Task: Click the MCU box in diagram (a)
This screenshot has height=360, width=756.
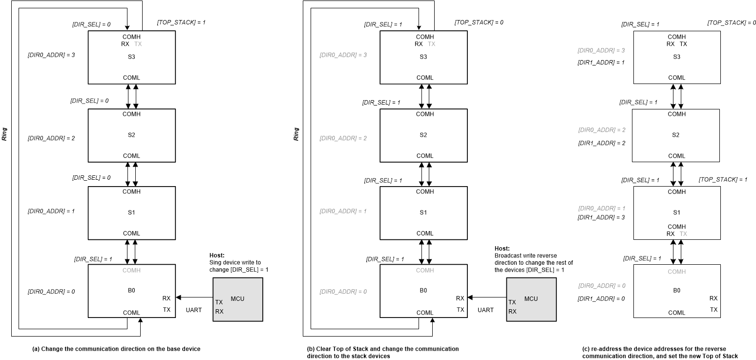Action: click(x=238, y=299)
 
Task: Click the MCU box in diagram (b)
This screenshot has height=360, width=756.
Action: click(x=531, y=299)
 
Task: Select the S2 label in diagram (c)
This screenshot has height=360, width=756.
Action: click(x=676, y=135)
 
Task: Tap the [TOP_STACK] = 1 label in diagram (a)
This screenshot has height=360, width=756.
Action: click(x=181, y=22)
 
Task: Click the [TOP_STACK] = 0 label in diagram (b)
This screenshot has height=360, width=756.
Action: click(x=479, y=22)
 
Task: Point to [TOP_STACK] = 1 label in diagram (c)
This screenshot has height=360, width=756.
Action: click(x=723, y=180)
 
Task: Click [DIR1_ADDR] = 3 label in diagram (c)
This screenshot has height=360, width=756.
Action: click(x=601, y=217)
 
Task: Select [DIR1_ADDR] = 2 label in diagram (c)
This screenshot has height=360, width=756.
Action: click(x=601, y=144)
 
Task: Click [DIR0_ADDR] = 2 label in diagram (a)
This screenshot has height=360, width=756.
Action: click(x=51, y=138)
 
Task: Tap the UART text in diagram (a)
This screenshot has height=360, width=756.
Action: click(x=194, y=310)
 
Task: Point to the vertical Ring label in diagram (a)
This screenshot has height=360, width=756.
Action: click(x=4, y=134)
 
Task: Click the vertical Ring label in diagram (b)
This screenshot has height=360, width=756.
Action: click(x=296, y=134)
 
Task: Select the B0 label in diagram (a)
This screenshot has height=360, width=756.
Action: click(x=131, y=290)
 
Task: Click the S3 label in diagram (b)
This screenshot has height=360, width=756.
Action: click(x=423, y=57)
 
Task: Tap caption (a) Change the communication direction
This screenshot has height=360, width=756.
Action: click(x=116, y=349)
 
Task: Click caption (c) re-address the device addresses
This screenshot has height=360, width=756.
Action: click(x=660, y=352)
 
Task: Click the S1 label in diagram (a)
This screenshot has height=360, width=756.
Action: click(x=131, y=212)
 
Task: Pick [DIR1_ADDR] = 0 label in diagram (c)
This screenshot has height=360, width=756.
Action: click(x=601, y=298)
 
